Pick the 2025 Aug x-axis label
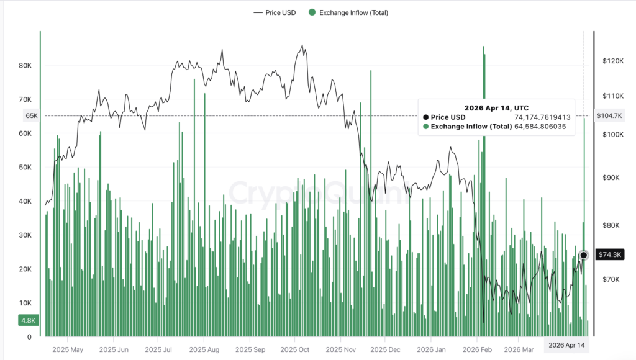(204, 349)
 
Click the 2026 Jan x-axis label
(432, 349)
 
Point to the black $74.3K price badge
(609, 254)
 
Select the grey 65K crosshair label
(31, 115)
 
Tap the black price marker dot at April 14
(583, 255)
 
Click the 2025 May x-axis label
(68, 349)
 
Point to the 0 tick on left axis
(29, 337)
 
